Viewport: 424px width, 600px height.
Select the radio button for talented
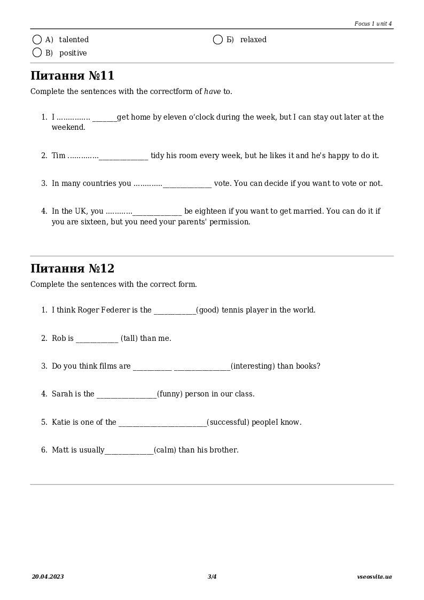(x=37, y=40)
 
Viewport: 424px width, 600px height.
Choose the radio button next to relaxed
(x=218, y=40)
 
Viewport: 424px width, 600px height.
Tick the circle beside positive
(x=37, y=52)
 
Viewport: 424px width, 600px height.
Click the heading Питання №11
(x=72, y=75)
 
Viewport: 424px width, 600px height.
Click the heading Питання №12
(x=72, y=268)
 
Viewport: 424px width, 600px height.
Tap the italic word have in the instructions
(x=212, y=91)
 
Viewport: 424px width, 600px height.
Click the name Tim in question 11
(x=58, y=155)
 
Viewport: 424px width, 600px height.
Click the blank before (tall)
(x=97, y=339)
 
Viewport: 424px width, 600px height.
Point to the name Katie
(x=61, y=422)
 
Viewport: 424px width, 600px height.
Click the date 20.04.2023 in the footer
(x=48, y=576)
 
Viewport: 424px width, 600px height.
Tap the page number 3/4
(x=212, y=576)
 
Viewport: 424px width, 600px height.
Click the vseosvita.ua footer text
(x=374, y=576)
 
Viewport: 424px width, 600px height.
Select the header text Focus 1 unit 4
(x=373, y=24)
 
